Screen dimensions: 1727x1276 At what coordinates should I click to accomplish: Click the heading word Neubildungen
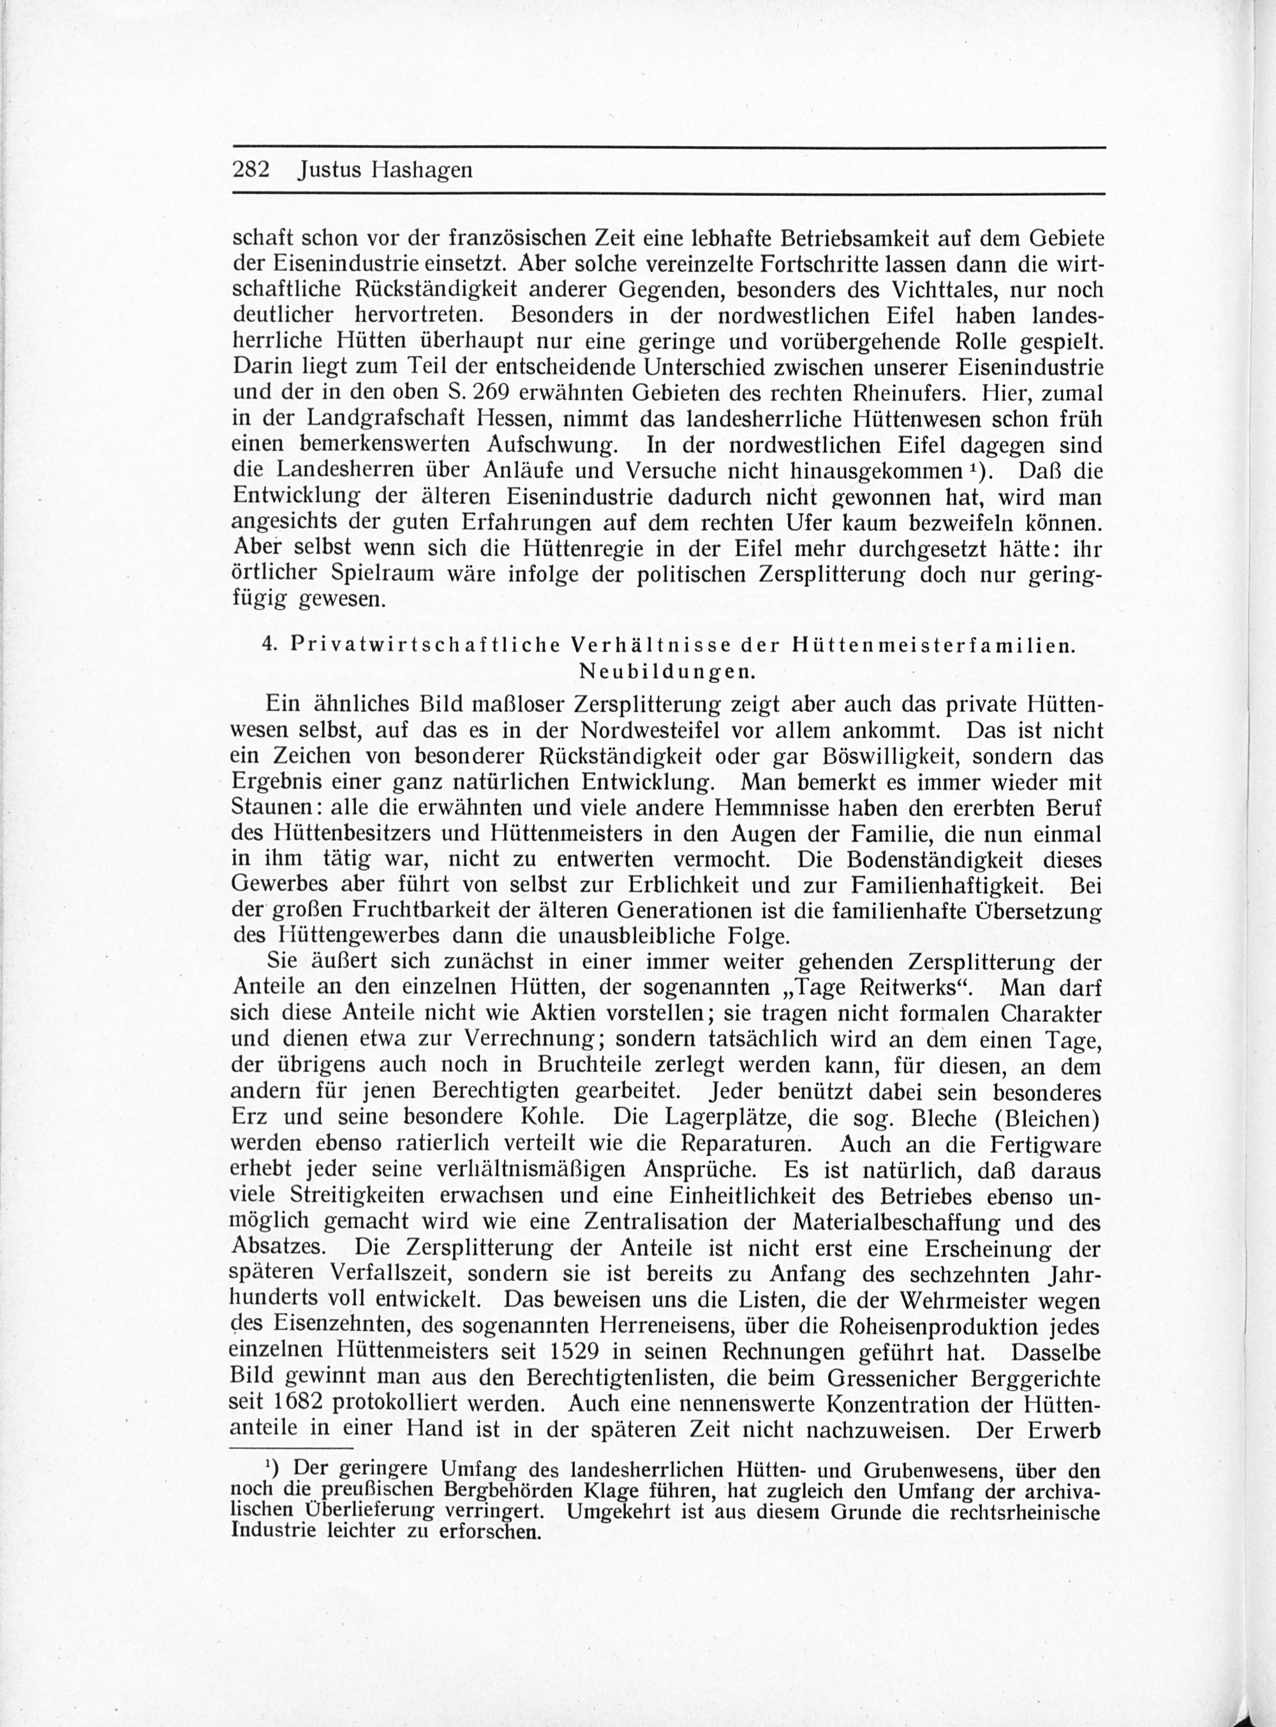pyautogui.click(x=667, y=671)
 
